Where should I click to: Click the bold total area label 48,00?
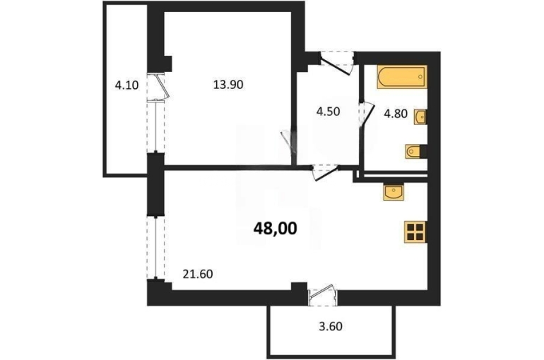(276, 229)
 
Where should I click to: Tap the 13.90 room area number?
(228, 85)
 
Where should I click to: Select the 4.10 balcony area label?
(127, 85)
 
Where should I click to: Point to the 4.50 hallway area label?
(328, 112)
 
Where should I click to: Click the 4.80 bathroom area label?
(396, 114)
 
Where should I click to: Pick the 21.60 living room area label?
(198, 275)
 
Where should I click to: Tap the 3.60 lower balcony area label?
(331, 326)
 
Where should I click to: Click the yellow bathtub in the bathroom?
(402, 77)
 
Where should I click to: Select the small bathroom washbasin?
(420, 117)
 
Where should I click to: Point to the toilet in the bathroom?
(415, 152)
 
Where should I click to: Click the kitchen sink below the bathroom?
(394, 192)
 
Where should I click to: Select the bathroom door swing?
(367, 114)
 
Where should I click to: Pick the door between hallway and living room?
(326, 172)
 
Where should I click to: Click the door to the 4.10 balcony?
(158, 88)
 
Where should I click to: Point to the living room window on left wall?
(155, 247)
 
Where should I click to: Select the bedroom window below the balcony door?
(155, 127)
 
